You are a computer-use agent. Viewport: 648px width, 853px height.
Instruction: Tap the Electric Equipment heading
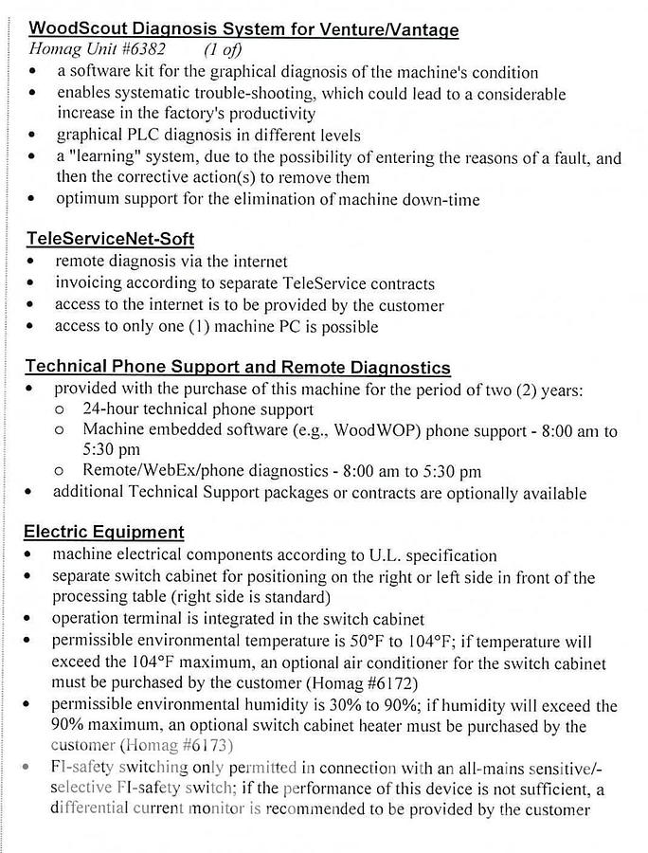pyautogui.click(x=104, y=532)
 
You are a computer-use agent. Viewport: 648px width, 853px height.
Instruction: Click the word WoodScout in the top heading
pyautogui.click(x=65, y=29)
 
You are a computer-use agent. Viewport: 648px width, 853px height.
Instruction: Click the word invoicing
pyautogui.click(x=88, y=282)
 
